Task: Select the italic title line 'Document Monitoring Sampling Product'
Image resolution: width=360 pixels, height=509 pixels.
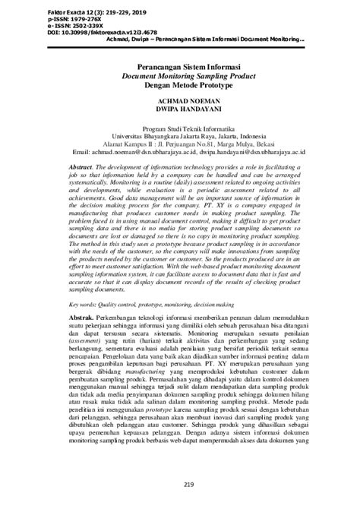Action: click(x=180, y=77)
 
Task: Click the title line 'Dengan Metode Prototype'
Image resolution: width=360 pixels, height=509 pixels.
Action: click(x=180, y=87)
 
